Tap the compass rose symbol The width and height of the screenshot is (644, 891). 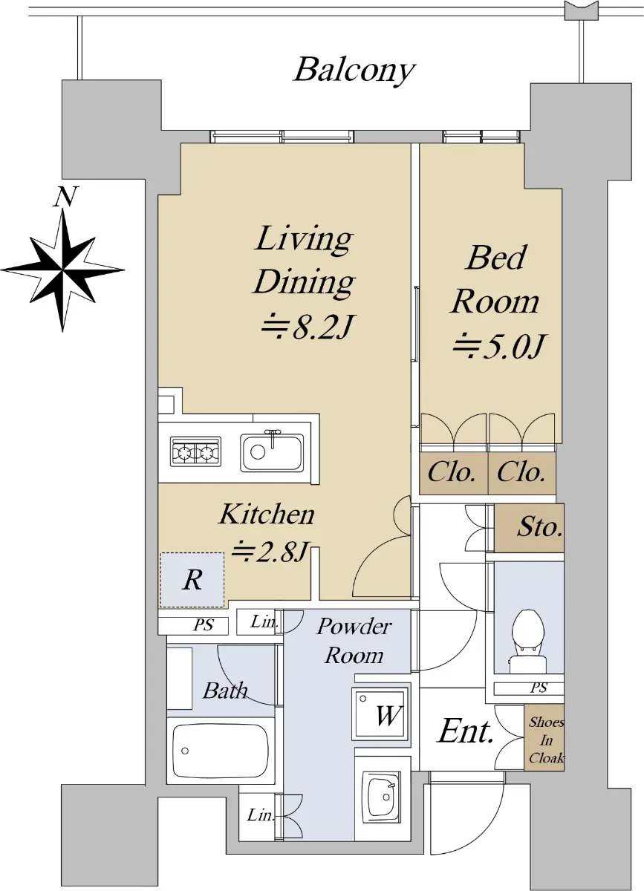[63, 270]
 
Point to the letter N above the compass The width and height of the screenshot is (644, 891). [65, 197]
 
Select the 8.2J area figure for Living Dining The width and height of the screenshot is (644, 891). [306, 327]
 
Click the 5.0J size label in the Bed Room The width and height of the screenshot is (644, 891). [498, 346]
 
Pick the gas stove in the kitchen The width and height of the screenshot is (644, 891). [195, 451]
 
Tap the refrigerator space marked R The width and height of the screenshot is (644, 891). [192, 580]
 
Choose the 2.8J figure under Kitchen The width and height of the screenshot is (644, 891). [270, 551]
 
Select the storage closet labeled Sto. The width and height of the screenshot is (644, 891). [529, 528]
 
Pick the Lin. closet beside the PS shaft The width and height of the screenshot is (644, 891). [259, 621]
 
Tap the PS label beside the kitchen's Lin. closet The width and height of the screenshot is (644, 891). [204, 625]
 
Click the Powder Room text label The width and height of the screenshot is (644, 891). [354, 641]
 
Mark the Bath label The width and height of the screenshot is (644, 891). [225, 692]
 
